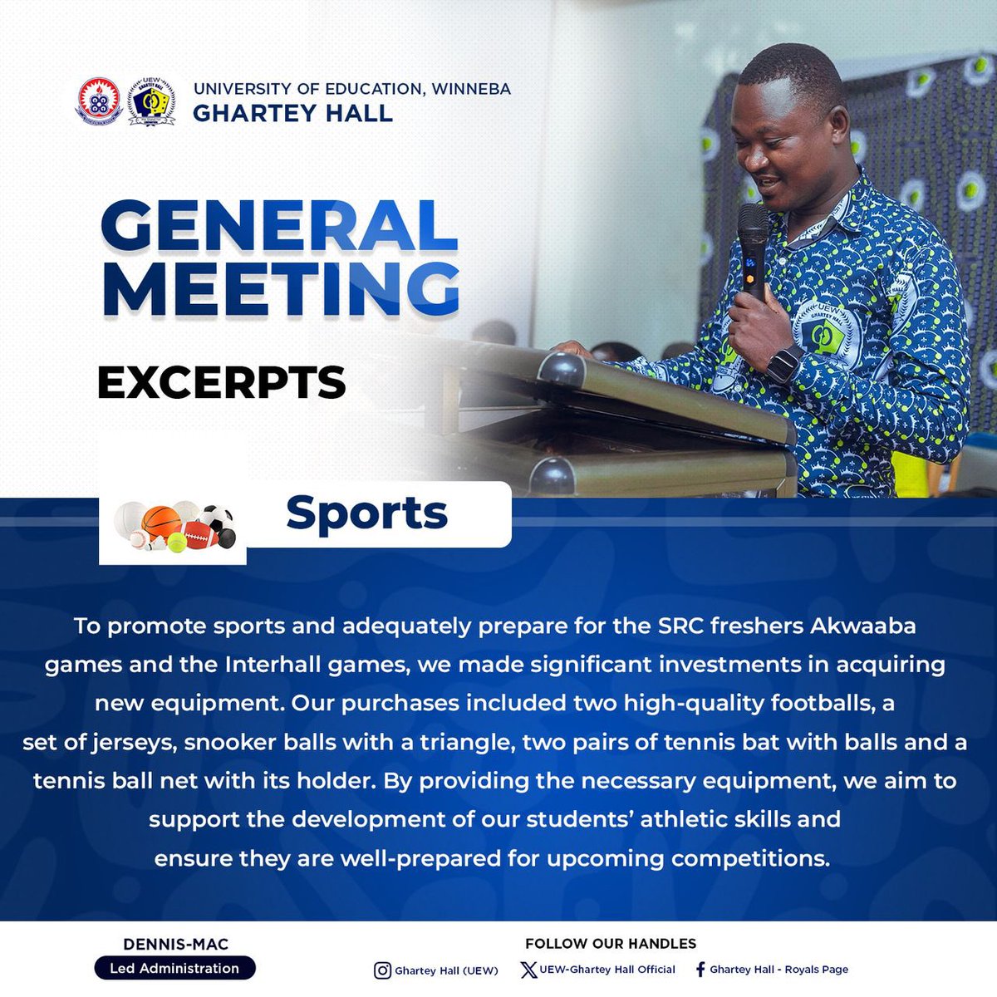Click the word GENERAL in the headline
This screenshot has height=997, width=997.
pyautogui.click(x=279, y=226)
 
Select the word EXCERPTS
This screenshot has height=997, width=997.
pyautogui.click(x=221, y=383)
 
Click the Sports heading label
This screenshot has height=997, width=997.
pyautogui.click(x=366, y=513)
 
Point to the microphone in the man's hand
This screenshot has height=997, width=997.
pyautogui.click(x=753, y=245)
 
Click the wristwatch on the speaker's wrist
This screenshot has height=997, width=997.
pyautogui.click(x=784, y=363)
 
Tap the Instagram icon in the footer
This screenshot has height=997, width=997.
pyautogui.click(x=382, y=970)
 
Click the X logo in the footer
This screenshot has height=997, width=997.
pyautogui.click(x=528, y=970)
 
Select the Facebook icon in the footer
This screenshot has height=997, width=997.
pyautogui.click(x=700, y=970)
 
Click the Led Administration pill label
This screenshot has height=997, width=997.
pyautogui.click(x=174, y=968)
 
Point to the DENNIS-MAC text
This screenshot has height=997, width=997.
pyautogui.click(x=175, y=944)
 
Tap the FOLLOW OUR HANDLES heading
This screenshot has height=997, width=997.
pyautogui.click(x=611, y=944)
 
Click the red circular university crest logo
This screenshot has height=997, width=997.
pyautogui.click(x=99, y=101)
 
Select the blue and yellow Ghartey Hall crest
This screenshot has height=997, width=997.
pyautogui.click(x=151, y=101)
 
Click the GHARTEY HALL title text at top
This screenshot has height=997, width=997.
pyautogui.click(x=292, y=113)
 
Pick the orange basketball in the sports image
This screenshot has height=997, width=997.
pyautogui.click(x=161, y=520)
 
